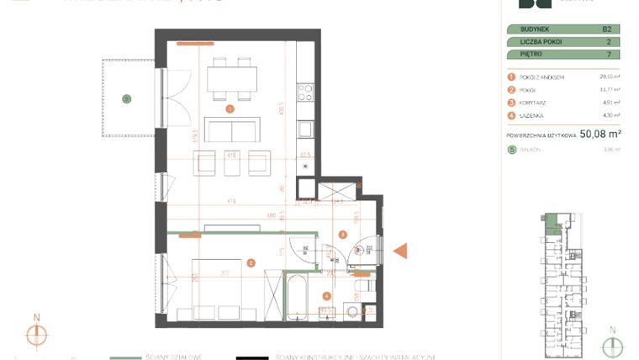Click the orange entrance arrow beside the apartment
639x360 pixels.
[401, 251]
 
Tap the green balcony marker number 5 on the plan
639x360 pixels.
[127, 98]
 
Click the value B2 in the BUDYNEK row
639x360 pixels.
[606, 29]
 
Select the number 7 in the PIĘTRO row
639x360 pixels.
[608, 54]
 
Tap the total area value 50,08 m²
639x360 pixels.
[599, 133]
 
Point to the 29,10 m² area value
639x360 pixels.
[610, 77]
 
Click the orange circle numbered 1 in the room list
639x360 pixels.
[510, 77]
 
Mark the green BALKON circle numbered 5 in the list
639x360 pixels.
[510, 150]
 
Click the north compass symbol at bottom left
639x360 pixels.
[36, 334]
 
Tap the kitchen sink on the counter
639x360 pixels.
[306, 129]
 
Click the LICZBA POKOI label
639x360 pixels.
[536, 41]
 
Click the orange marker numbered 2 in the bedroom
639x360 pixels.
[250, 263]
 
